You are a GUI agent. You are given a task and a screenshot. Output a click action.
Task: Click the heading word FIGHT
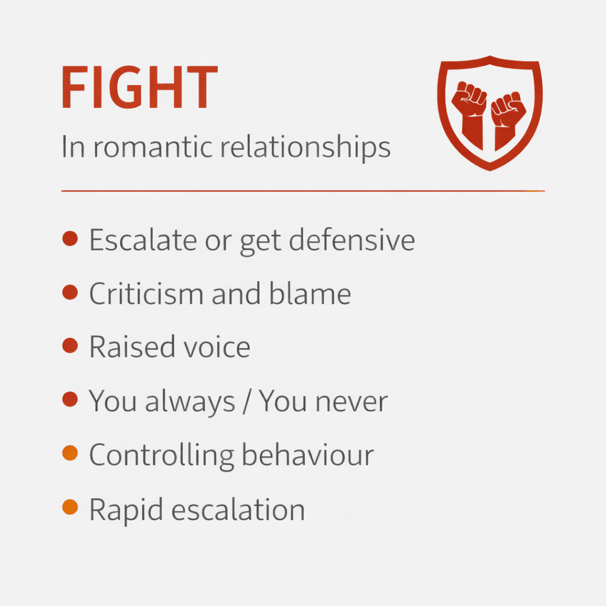click(139, 89)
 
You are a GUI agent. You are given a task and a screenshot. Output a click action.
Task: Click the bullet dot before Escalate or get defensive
click(70, 239)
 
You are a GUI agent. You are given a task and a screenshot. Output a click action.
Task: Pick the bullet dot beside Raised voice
click(70, 346)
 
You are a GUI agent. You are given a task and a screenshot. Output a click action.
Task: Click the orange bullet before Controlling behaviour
click(70, 454)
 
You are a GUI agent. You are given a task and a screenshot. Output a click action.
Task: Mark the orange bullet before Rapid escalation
click(70, 507)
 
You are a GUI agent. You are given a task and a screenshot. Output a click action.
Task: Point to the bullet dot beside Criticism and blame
click(70, 292)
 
